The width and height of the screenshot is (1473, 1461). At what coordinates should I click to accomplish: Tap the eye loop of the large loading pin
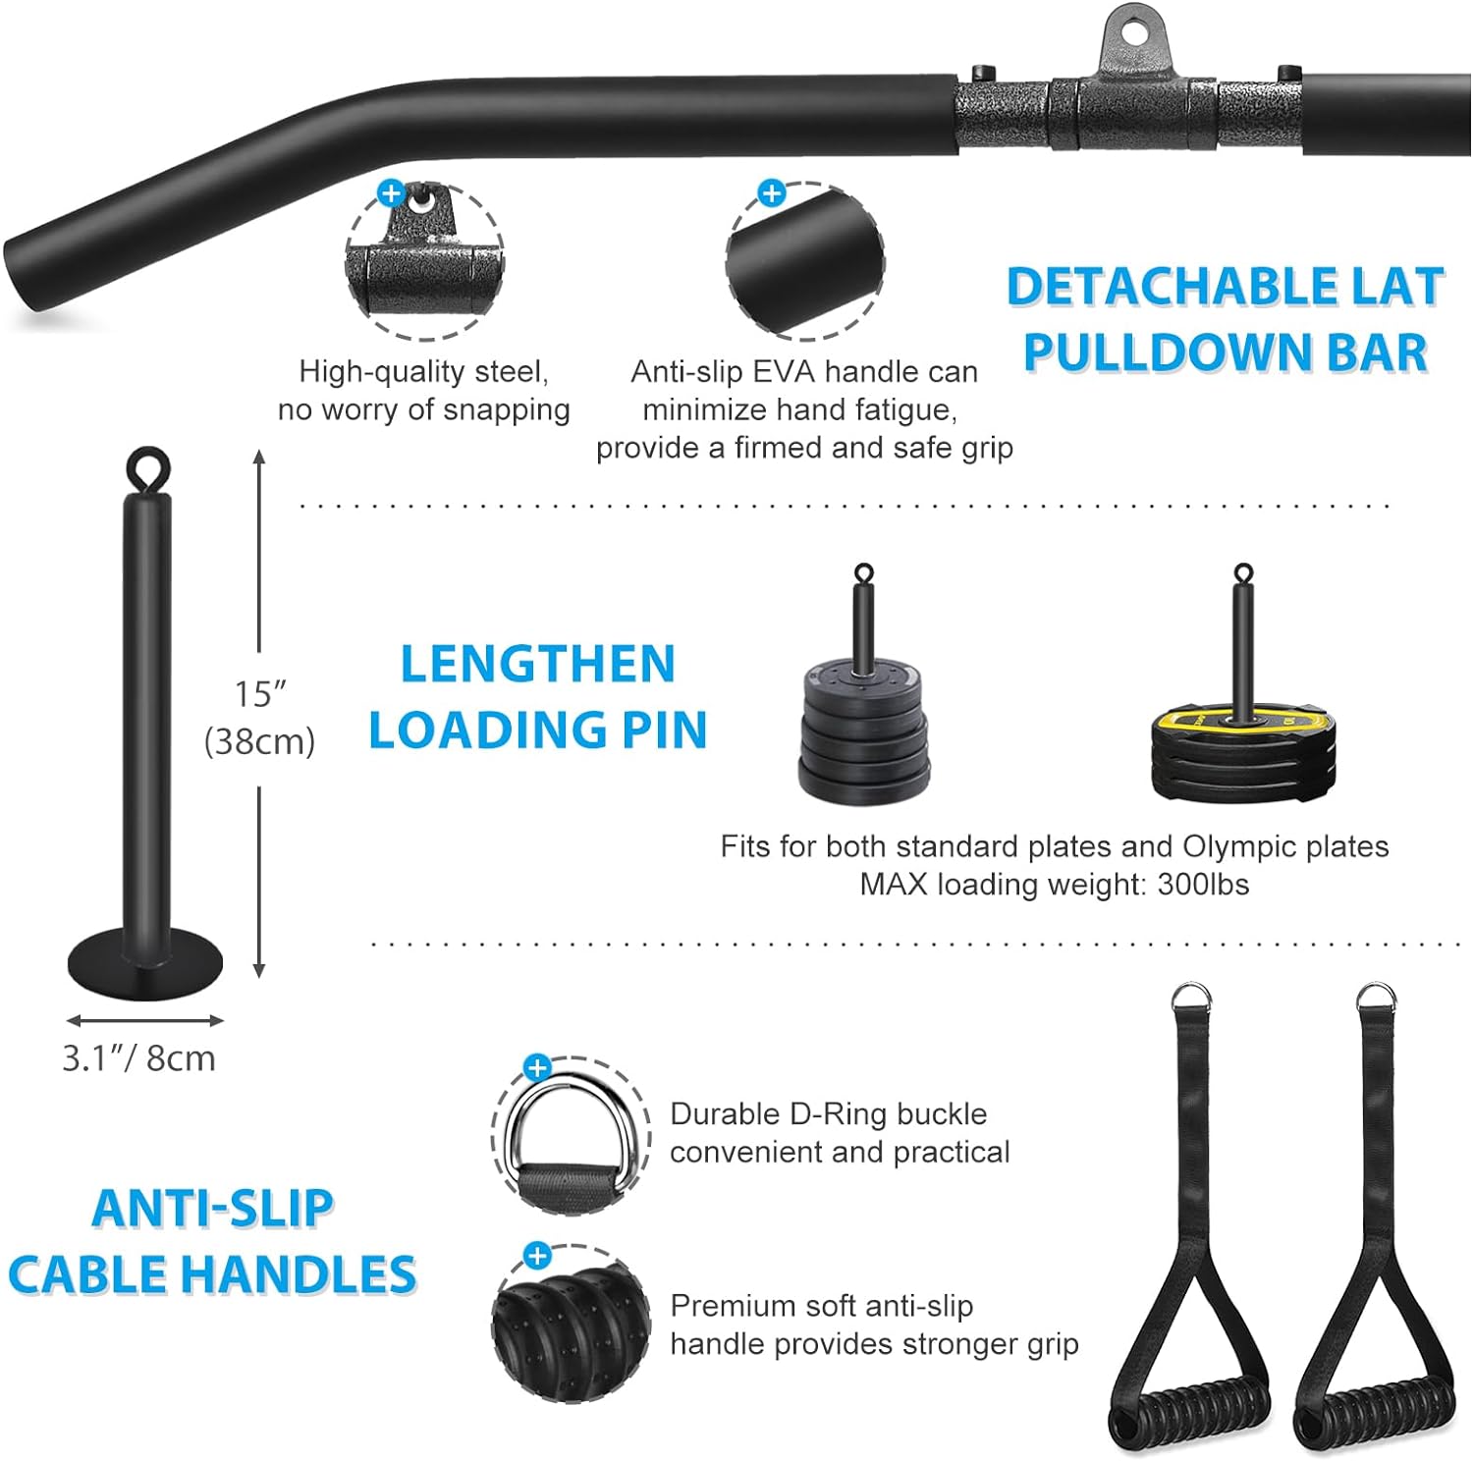pyautogui.click(x=147, y=462)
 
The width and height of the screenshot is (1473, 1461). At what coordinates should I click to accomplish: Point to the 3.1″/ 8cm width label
pyautogui.click(x=138, y=1058)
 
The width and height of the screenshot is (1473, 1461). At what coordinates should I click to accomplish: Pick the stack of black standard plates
pyautogui.click(x=864, y=731)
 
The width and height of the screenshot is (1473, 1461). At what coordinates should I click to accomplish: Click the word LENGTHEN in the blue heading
pyautogui.click(x=538, y=664)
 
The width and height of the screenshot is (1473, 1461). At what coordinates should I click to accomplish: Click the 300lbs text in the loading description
pyautogui.click(x=1203, y=885)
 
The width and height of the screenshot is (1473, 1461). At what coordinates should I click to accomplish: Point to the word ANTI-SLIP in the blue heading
pyautogui.click(x=212, y=1209)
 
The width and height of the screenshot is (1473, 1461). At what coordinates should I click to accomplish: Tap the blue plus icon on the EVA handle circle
pyautogui.click(x=773, y=193)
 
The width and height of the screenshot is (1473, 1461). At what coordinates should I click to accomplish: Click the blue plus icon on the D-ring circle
pyautogui.click(x=537, y=1068)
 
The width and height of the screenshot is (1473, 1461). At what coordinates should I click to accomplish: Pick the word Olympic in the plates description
pyautogui.click(x=1237, y=847)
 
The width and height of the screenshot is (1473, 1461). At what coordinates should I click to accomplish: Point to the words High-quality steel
pyautogui.click(x=424, y=372)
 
